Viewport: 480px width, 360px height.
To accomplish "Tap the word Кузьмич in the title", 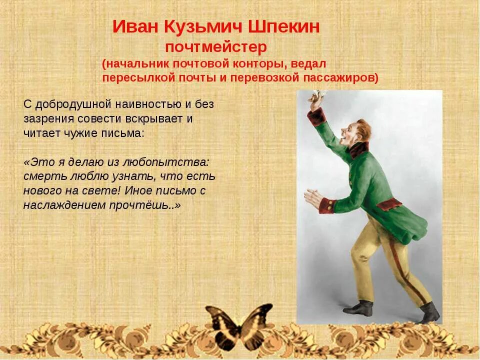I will pos(200,27).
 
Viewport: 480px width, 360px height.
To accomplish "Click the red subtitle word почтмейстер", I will pos(216,47).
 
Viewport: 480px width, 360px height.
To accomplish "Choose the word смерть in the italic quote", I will pos(42,176).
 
